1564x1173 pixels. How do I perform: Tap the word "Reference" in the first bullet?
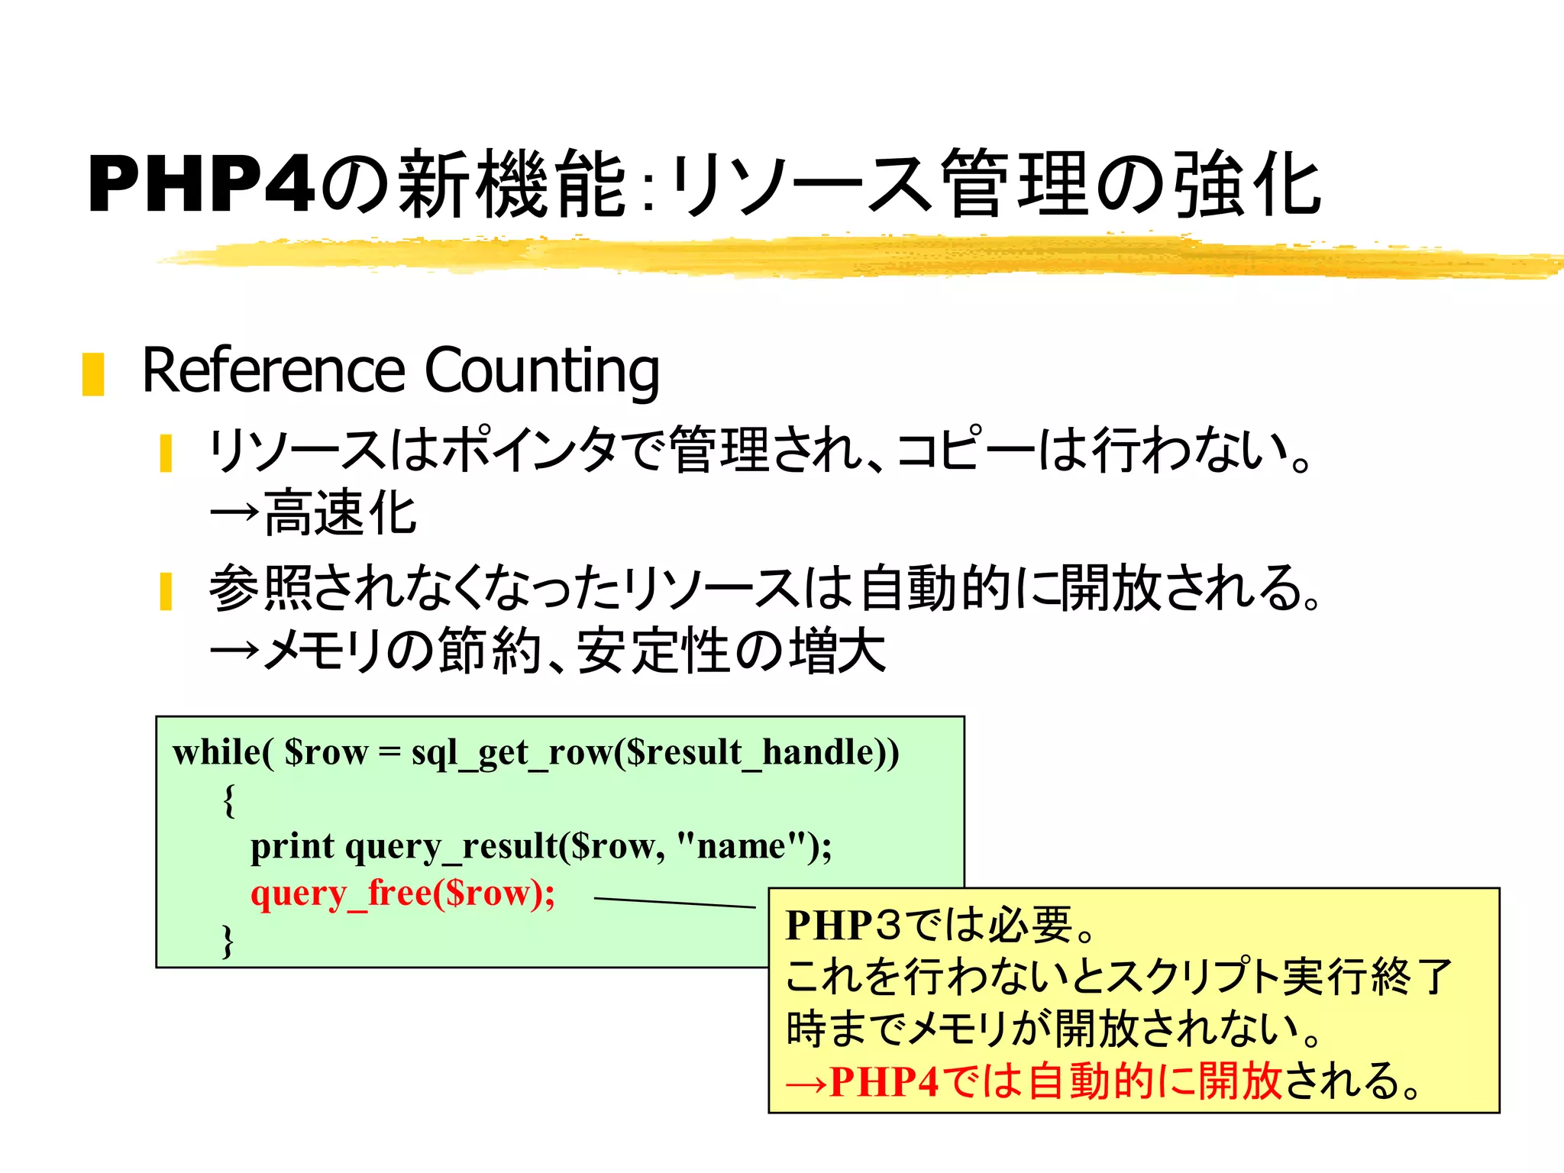pos(273,371)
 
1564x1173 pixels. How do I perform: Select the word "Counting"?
pos(541,371)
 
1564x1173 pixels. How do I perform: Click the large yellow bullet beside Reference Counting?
pos(93,374)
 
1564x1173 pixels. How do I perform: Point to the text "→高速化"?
pos(313,513)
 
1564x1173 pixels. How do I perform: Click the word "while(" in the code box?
pos(222,753)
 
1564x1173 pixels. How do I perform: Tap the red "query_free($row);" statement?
pos(402,893)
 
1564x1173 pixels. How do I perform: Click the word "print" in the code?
pos(292,846)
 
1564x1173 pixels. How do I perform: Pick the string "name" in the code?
pos(741,846)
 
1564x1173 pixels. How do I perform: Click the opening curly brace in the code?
pos(228,800)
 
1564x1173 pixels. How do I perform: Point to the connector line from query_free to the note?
pos(674,903)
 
